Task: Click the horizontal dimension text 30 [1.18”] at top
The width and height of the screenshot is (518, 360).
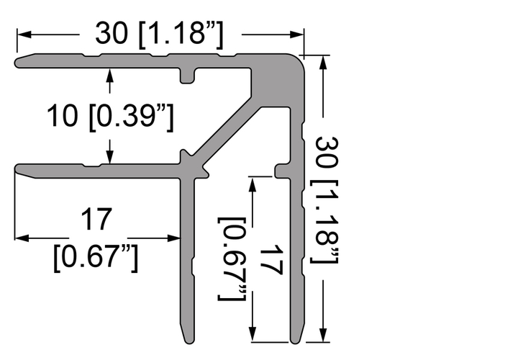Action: pos(159,35)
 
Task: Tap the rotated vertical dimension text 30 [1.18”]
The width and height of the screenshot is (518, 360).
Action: pos(327,200)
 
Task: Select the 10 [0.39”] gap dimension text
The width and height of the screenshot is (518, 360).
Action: pos(110,117)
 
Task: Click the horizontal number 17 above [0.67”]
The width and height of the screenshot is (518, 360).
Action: pos(96,219)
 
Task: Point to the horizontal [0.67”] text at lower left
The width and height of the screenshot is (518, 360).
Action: pos(96,258)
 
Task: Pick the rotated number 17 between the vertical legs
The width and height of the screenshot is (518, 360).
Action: pos(271,260)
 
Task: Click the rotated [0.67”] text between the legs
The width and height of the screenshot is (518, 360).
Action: pos(232,259)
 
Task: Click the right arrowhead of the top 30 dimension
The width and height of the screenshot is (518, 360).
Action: pos(296,35)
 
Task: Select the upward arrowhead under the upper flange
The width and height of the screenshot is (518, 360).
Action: pos(110,75)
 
